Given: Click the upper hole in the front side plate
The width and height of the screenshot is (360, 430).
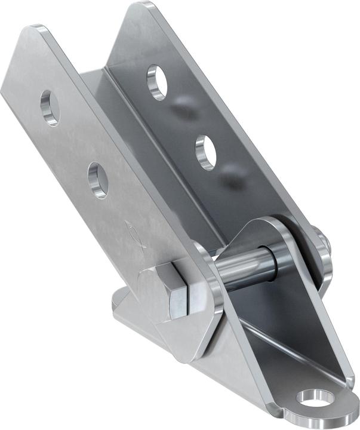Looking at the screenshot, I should coord(50,107).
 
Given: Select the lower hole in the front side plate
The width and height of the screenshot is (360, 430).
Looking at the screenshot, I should coord(98,180).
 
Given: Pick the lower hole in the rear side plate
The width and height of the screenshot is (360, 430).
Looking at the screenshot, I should coord(206,152).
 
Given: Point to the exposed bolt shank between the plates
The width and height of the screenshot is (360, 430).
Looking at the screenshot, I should coord(245,266).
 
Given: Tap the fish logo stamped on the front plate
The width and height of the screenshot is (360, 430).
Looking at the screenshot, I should coord(133,231).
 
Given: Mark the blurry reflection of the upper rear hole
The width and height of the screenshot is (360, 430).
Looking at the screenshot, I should coord(182,109).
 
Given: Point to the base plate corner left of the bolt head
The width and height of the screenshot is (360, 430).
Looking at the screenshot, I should coord(119,302).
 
